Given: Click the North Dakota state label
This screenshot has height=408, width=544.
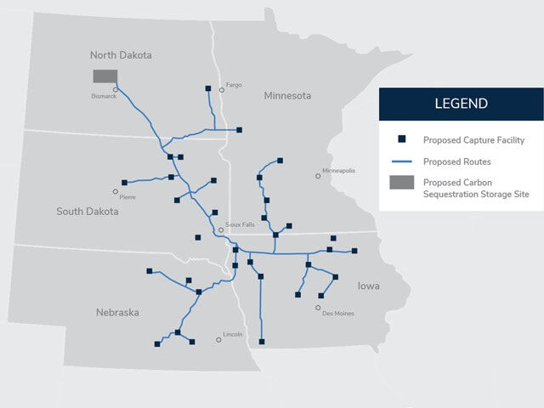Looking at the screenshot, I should (x=121, y=55).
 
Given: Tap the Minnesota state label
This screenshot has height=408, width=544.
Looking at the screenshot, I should (x=287, y=95).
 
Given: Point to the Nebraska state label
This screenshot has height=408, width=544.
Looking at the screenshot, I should (x=117, y=313).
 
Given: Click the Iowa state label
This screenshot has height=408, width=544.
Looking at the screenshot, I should (x=369, y=286).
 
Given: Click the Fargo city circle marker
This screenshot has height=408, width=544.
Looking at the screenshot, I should (x=222, y=89).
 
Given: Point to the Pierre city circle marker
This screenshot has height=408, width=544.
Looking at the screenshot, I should (x=116, y=191).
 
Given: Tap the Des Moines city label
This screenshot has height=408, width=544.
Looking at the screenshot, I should (x=337, y=314).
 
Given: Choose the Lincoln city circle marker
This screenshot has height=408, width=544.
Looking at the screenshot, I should (x=219, y=339).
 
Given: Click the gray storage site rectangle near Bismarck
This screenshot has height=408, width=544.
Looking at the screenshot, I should (x=105, y=76).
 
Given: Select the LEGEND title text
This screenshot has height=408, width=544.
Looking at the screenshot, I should (x=461, y=104).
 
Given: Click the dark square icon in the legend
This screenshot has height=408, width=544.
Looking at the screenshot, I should (x=402, y=139).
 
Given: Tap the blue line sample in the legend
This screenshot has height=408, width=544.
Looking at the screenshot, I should (x=402, y=161).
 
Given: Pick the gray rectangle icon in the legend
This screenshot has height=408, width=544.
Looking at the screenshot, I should (x=402, y=182).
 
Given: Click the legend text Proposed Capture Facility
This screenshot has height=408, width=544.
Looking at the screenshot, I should (x=473, y=139).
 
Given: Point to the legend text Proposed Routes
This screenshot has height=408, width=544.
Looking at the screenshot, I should (x=457, y=161).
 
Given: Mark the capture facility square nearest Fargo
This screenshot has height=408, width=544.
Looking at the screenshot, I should (x=208, y=88).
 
